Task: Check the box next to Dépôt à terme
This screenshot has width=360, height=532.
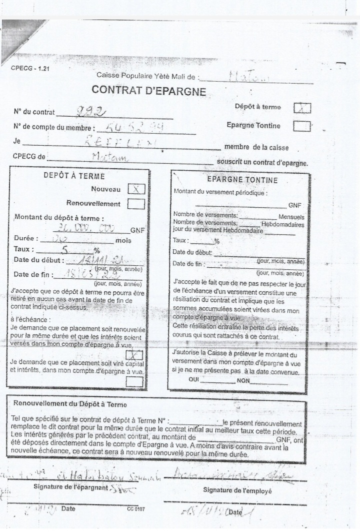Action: [301, 108]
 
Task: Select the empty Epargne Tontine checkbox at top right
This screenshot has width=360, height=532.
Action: [301, 126]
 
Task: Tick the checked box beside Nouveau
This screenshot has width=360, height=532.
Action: [136, 189]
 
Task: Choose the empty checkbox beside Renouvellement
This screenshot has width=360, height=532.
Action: [136, 204]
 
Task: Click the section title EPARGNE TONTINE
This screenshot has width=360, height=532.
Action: [242, 180]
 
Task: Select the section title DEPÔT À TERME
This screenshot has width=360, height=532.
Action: [74, 176]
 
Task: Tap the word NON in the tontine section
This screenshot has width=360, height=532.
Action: [243, 380]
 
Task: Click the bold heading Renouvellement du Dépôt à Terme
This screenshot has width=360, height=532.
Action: [70, 404]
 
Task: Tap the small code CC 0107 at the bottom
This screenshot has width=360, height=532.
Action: [136, 509]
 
